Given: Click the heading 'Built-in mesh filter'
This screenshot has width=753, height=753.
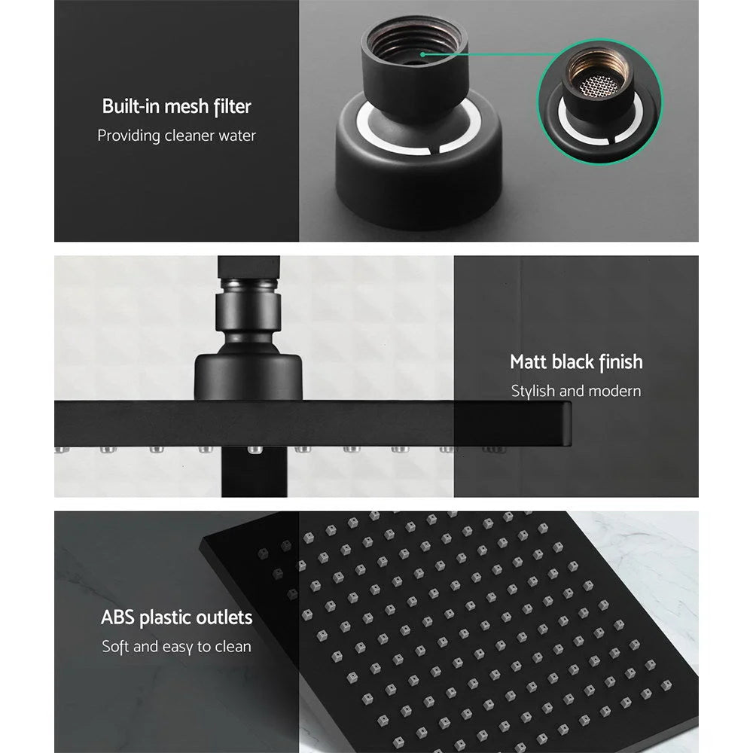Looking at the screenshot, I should click(176, 106).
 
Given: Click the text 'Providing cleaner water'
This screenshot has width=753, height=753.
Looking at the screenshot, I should click(176, 136).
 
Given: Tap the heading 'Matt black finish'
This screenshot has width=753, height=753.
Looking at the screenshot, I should click(576, 362).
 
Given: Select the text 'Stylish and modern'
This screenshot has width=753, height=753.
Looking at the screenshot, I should click(576, 392).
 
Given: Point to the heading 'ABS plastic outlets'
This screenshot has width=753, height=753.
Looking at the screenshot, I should click(176, 618).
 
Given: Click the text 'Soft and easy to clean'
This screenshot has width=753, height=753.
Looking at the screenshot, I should click(176, 647).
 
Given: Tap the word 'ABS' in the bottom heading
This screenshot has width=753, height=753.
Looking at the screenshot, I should click(118, 618).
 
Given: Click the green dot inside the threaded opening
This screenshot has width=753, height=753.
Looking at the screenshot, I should click(424, 54).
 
